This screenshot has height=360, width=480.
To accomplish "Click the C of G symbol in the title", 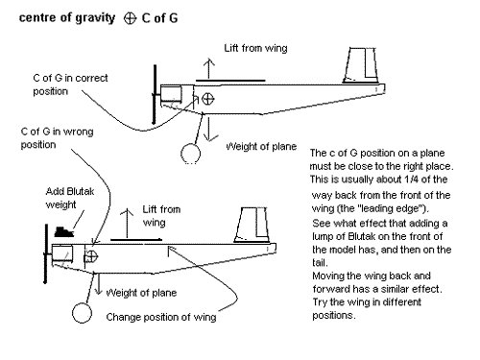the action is pos(130,18).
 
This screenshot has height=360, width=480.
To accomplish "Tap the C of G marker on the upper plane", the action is pos(208,99).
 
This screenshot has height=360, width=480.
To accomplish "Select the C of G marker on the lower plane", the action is pos(92,256).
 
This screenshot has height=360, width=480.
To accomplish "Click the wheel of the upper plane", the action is pos(190,154).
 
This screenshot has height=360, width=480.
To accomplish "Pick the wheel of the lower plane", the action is pos(82,313).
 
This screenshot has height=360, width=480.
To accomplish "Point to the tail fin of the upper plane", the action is pos(360,65).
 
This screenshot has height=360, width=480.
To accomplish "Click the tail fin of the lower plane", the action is pos(252,225).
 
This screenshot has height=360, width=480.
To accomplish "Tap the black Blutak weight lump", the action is pos(64,231).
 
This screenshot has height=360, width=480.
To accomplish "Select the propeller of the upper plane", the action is pos(155,94).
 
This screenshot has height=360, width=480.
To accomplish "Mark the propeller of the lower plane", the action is pos(46,253).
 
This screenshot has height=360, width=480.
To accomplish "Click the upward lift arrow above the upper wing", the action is pos(209,68).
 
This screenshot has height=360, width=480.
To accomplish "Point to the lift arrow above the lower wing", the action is pos(128,224).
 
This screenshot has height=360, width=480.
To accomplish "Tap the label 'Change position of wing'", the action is pos(161,317).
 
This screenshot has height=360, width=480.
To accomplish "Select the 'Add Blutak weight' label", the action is pos(70,198).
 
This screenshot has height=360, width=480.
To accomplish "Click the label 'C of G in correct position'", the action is pos(70,84).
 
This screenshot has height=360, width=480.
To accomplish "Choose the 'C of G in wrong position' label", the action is pos(57,138).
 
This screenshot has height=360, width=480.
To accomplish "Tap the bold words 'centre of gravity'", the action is pos(67,18).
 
